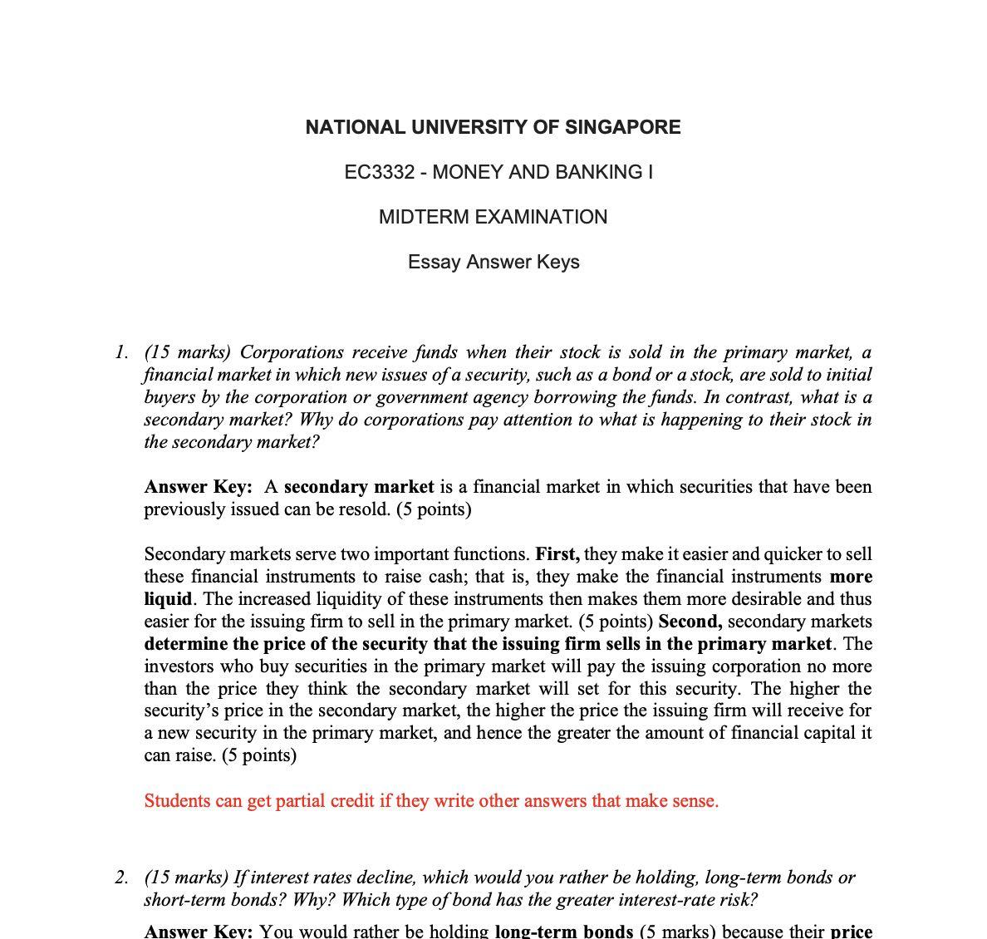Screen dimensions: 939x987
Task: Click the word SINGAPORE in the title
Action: (622, 127)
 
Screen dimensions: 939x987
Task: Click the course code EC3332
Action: (379, 172)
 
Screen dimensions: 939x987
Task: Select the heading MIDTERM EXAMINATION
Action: (493, 217)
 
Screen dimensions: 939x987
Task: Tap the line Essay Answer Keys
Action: (493, 262)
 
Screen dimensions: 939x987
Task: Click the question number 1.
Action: (121, 352)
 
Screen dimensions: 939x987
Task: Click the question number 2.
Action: (121, 878)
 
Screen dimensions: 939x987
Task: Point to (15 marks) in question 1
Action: (188, 352)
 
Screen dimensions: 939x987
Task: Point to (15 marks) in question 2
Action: (188, 878)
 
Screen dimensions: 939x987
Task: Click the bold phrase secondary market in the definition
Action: (359, 486)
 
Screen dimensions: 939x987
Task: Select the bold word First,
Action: (557, 554)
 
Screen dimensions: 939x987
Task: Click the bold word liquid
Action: (168, 599)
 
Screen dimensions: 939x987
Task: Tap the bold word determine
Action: (185, 644)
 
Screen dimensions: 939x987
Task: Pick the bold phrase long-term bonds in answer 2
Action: (563, 932)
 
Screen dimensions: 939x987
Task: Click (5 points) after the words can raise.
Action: (259, 755)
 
